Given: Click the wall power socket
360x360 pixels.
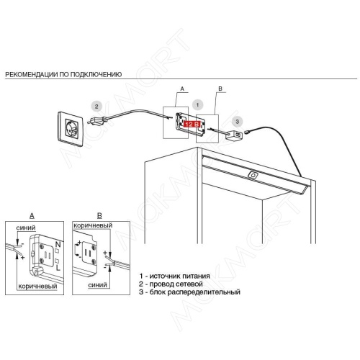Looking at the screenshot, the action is tap(71, 129).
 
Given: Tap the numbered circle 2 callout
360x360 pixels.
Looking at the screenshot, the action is tap(96, 107).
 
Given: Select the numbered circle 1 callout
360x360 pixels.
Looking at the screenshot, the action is tap(197, 105).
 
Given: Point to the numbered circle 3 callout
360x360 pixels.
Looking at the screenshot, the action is tap(238, 122).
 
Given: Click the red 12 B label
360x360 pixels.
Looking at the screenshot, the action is tap(192, 124).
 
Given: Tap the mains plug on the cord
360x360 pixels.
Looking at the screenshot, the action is tap(96, 120).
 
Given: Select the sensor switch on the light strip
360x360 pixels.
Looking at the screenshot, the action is tap(253, 175).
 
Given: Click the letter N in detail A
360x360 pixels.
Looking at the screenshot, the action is tap(58, 244).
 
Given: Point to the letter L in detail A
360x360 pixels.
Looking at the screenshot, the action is tap(58, 268).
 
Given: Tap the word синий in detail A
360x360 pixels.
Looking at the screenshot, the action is tap(26, 228).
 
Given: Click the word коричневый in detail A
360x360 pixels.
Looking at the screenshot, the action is tap(37, 286).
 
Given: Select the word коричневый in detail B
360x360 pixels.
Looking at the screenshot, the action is tap(93, 225).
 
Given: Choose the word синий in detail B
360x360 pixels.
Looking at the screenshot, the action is tap(97, 285).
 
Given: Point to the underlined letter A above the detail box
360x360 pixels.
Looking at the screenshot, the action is tap(32, 216).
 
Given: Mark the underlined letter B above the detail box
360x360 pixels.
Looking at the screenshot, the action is tap(99, 215).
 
